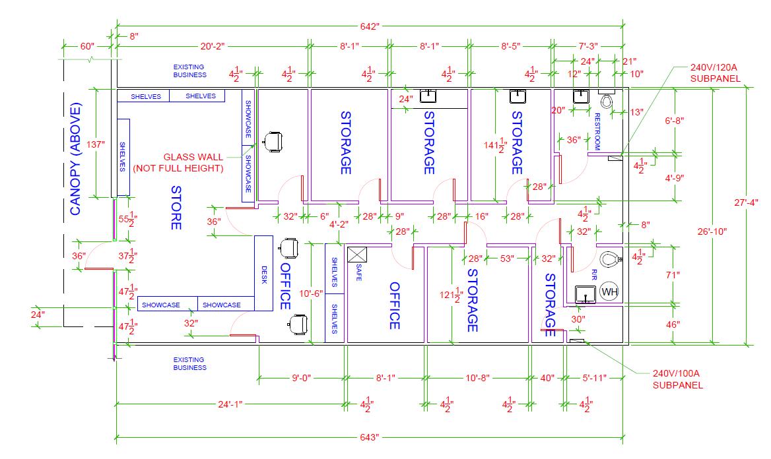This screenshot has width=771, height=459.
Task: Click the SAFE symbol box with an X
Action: [x=357, y=253]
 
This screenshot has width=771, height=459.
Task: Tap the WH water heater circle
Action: [x=610, y=292]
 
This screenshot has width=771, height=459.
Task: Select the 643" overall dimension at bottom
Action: [x=370, y=437]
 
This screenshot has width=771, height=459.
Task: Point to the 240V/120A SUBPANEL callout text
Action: [x=716, y=73]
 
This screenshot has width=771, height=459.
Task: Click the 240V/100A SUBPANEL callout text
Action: [x=678, y=379]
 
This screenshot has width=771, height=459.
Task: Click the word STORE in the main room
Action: [x=176, y=208]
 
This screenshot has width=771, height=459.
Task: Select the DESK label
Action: [x=264, y=275]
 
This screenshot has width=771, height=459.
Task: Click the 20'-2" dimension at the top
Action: [x=213, y=46]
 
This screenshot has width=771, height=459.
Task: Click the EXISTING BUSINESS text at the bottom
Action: [x=189, y=363]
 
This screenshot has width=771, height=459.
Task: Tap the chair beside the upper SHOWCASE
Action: [x=273, y=141]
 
